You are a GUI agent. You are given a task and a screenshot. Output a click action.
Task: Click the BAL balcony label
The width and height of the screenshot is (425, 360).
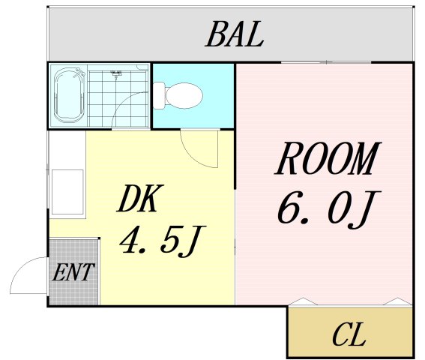click(x=234, y=34)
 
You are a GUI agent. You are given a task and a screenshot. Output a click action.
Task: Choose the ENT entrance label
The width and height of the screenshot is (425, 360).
click(x=73, y=272)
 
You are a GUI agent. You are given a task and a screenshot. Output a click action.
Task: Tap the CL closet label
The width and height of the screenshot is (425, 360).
click(x=349, y=335)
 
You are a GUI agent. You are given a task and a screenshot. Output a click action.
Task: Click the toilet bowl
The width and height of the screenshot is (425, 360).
click(x=184, y=95)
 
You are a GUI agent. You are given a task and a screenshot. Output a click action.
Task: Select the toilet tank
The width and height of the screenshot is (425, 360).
click(x=159, y=95)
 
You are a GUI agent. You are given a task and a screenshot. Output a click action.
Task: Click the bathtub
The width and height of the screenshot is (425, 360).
click(x=70, y=95)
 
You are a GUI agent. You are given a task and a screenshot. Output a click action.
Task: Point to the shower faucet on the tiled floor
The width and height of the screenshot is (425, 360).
click(x=116, y=73)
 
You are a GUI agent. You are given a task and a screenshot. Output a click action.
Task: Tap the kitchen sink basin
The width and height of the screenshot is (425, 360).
click(x=67, y=192)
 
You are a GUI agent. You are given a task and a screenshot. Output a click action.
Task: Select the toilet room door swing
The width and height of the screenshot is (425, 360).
click(x=196, y=154)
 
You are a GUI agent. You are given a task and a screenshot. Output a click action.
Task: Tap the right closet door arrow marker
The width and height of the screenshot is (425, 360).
click(x=397, y=301)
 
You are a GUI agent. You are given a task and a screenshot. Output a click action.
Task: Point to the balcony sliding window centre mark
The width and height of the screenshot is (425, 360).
click(x=326, y=62)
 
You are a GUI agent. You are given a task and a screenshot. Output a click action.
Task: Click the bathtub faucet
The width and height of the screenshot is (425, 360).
click(x=79, y=73)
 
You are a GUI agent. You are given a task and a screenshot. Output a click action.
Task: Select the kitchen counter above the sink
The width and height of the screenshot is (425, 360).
click(x=67, y=150)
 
